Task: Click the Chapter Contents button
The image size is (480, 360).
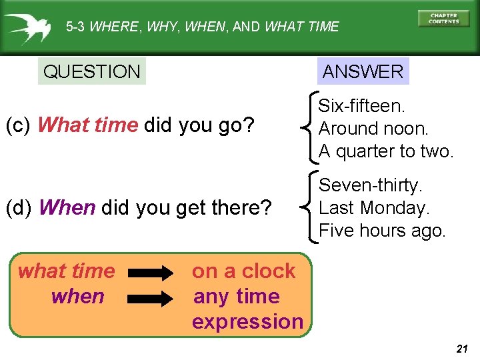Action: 443,18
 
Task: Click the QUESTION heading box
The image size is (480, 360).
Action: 91,71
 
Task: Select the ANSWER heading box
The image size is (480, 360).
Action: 363,71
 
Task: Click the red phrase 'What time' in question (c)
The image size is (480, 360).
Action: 88,125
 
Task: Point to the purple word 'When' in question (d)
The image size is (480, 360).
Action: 67,208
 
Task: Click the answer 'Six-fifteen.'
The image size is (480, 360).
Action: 362,105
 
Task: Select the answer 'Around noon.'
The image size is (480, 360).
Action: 374,128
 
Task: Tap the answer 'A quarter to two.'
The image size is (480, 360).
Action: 386,151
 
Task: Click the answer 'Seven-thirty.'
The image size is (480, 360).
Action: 371,185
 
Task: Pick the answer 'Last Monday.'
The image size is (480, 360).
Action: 375,207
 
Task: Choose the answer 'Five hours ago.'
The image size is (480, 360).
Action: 382,230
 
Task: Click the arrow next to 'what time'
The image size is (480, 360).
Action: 150,272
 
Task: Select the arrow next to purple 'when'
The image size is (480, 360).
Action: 150,296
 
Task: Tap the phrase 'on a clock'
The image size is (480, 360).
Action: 243,271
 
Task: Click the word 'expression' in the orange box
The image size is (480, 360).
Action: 247,321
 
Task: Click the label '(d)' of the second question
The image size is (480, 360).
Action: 19,208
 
